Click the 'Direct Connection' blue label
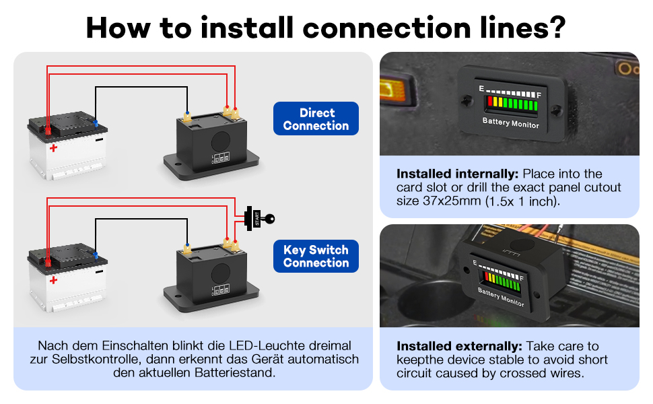click(316, 119)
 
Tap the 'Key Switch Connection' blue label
click(316, 257)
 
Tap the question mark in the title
click(555, 28)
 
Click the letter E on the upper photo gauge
click(481, 89)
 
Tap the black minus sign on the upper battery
click(99, 141)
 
